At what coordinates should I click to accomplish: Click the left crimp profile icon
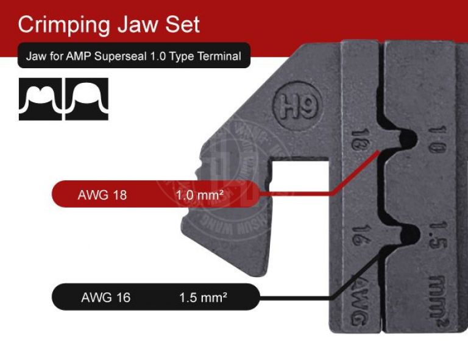40,99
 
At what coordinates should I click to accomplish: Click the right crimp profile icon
87,99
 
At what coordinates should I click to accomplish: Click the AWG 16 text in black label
105,298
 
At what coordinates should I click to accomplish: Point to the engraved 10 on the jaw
438,139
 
